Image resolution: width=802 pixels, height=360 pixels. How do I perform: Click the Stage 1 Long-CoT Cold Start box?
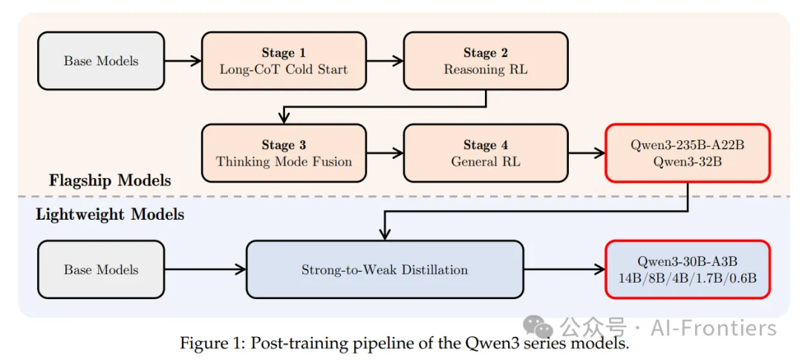tap(284, 61)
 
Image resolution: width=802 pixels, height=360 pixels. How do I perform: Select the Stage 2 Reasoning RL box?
tap(486, 61)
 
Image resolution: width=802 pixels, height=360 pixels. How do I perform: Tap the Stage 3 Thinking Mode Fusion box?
tap(284, 154)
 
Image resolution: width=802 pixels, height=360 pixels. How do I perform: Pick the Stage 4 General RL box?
tap(486, 154)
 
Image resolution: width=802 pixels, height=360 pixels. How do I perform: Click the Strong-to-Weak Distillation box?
tap(385, 269)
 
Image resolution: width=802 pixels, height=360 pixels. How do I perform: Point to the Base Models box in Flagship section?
tap(101, 61)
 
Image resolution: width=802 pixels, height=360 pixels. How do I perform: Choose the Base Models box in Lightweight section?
tap(101, 269)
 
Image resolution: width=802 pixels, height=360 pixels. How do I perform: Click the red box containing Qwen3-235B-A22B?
tap(688, 154)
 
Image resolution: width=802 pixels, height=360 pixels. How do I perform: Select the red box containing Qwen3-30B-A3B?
tap(688, 269)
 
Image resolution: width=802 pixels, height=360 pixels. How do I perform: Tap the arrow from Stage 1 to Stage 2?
tap(385, 61)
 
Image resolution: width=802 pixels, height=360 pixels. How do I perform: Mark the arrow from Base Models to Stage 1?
tap(183, 61)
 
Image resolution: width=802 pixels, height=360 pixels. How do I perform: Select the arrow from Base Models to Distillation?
tap(205, 269)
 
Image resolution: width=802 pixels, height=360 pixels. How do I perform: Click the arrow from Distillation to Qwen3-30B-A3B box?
tap(564, 269)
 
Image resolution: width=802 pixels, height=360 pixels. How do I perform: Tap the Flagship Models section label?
tap(110, 180)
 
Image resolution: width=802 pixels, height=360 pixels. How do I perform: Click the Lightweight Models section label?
tap(110, 215)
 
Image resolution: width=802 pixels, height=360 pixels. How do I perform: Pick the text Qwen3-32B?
tap(688, 162)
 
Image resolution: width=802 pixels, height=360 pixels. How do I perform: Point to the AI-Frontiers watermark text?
tap(714, 327)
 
